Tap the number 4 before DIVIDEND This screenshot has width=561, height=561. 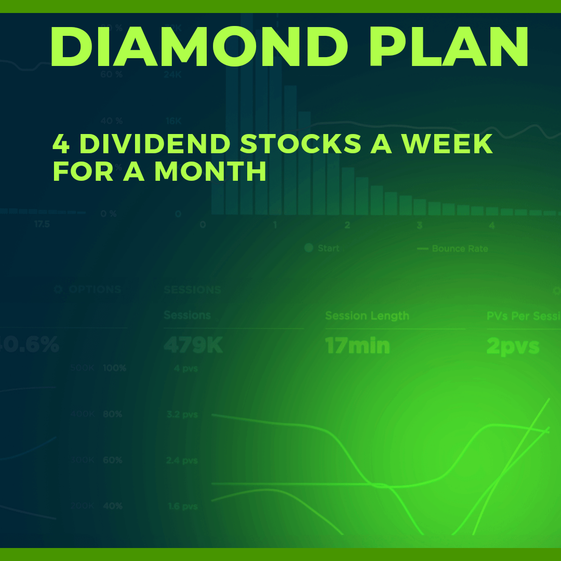(61, 144)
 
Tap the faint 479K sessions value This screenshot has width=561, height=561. (193, 345)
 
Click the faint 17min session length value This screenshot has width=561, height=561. (357, 345)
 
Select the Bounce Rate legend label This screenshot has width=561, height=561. (460, 249)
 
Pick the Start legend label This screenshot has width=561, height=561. (328, 248)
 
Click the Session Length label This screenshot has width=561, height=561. (367, 316)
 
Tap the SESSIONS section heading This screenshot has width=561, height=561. (192, 290)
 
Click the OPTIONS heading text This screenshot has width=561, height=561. (95, 290)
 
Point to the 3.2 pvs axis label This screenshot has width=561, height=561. (182, 415)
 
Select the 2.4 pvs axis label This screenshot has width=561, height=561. (182, 460)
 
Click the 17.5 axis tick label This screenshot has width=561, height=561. (42, 224)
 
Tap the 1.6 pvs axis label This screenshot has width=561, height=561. (182, 506)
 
